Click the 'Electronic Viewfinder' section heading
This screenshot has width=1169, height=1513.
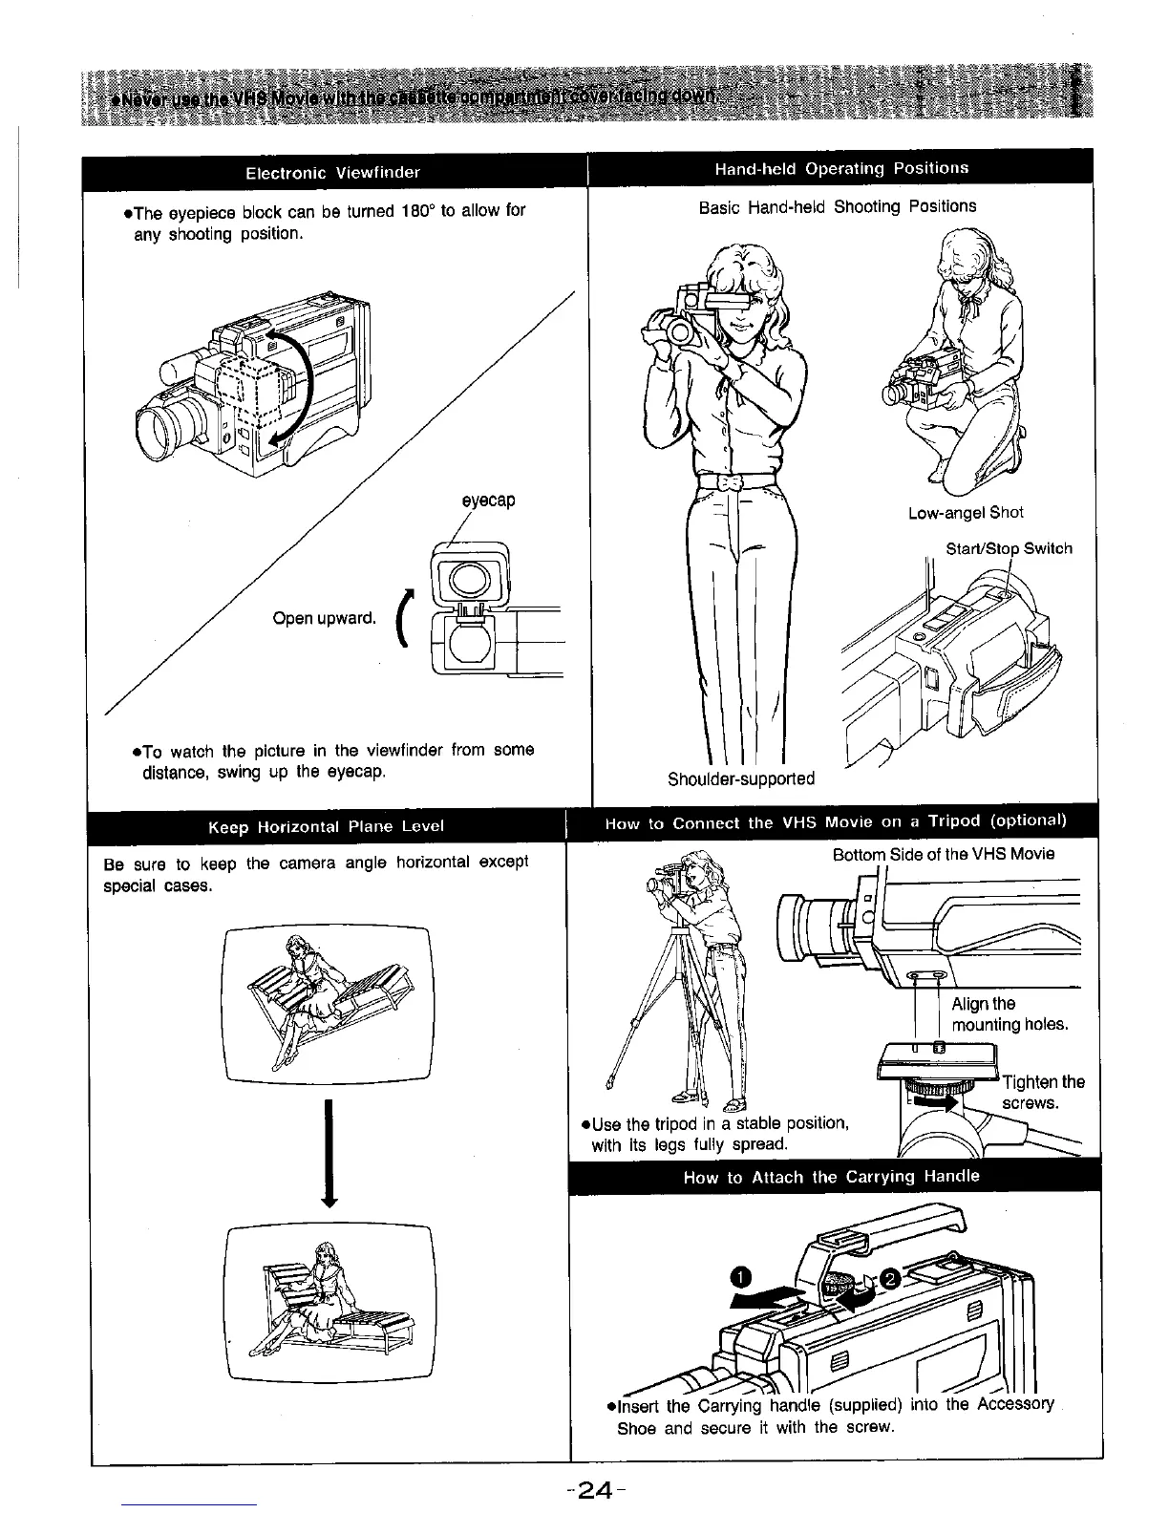coord(332,173)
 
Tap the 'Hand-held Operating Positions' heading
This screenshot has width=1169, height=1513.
coord(841,168)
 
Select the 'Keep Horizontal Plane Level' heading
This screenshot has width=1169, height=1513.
coord(326,826)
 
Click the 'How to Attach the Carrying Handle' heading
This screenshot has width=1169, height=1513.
coord(831,1177)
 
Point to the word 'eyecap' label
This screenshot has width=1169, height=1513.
coord(488,501)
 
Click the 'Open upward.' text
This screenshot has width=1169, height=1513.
coord(323,618)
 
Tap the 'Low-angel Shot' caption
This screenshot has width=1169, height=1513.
coord(966,512)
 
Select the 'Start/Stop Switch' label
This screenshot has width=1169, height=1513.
coord(1009,548)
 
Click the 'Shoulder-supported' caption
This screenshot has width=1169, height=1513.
coord(741,778)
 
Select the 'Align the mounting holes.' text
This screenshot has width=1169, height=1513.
coord(1009,1014)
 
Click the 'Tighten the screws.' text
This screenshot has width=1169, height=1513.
coord(1043,1092)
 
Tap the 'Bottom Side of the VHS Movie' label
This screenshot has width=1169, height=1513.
coord(943,854)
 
